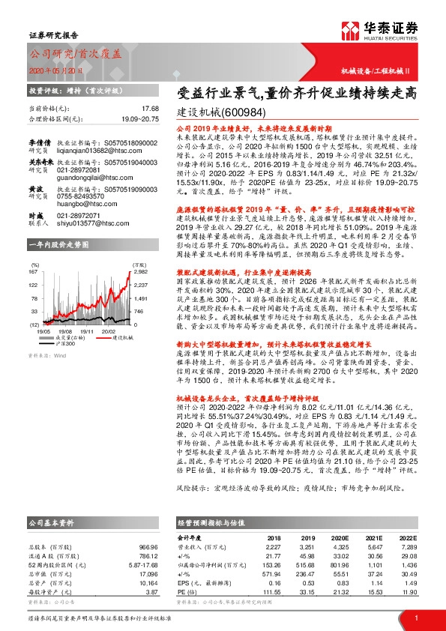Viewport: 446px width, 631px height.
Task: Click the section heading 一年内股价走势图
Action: point(58,244)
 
